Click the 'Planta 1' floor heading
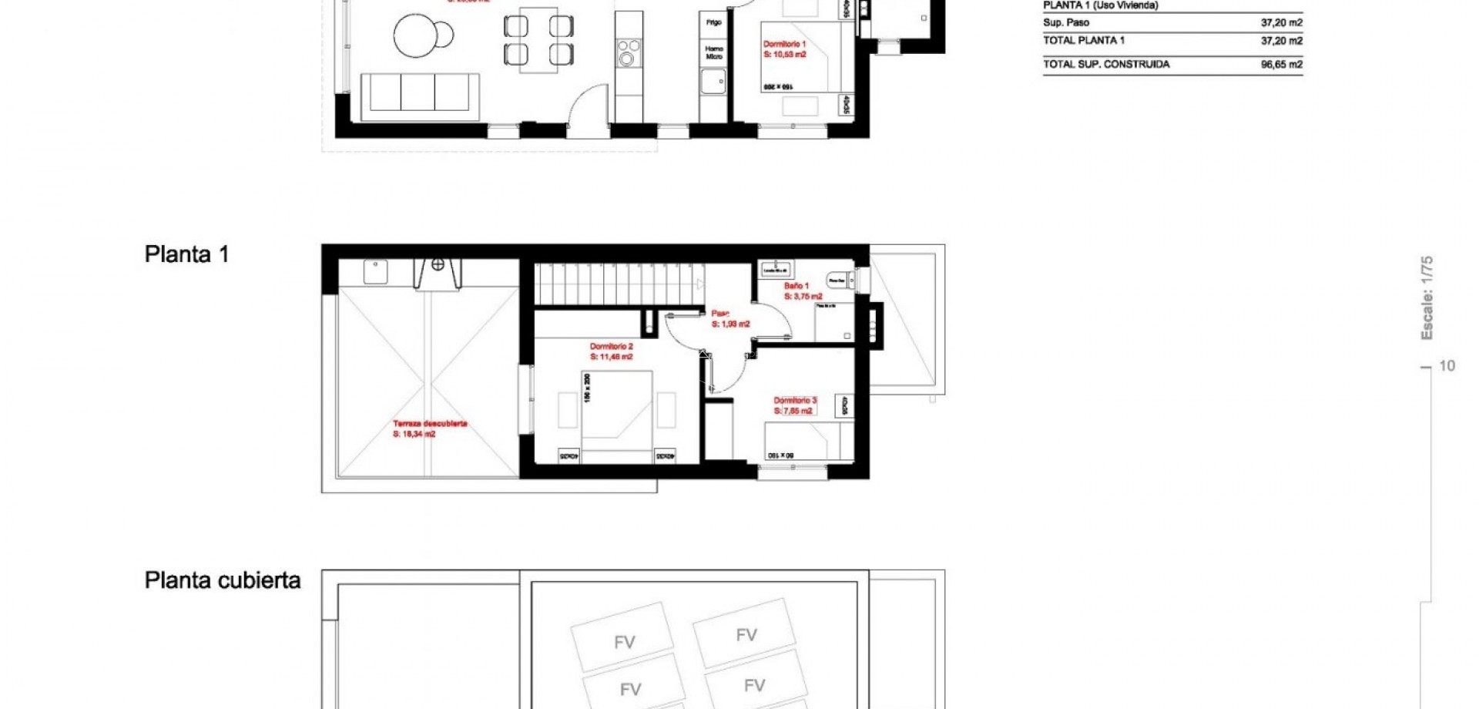click(186, 254)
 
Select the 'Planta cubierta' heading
click(223, 580)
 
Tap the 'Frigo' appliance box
click(714, 23)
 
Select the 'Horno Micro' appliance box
click(714, 52)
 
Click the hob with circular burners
click(629, 52)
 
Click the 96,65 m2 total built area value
click(1281, 65)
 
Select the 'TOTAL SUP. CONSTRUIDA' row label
click(1106, 65)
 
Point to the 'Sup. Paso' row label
click(1066, 23)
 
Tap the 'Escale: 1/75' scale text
click(1427, 298)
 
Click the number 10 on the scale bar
click(1447, 366)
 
